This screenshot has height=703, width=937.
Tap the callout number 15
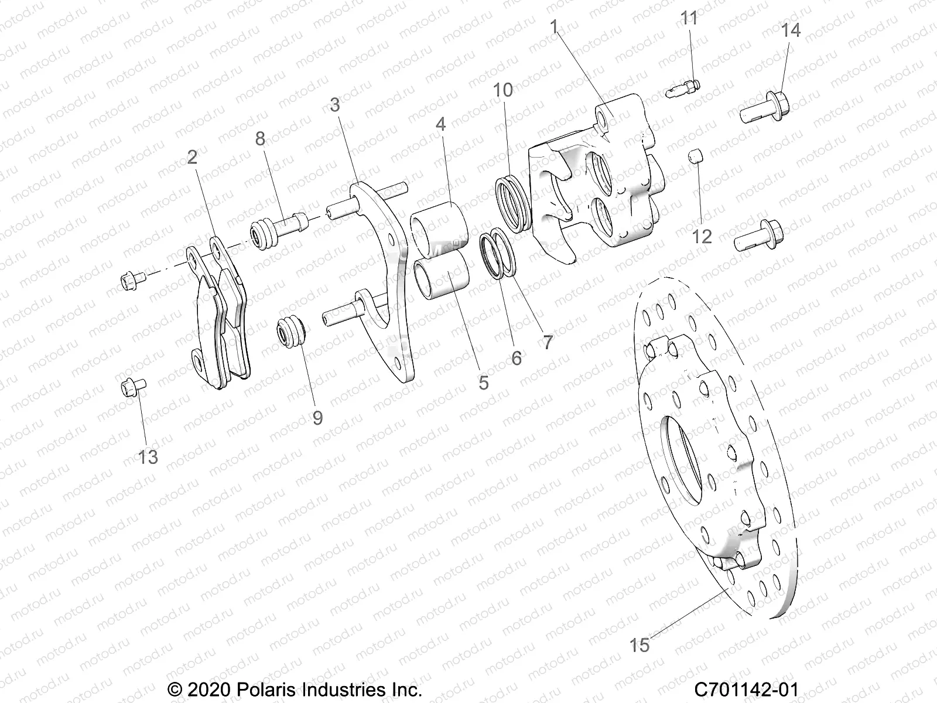point(640,645)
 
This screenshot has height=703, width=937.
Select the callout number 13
point(148,456)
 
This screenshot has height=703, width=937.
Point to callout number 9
point(317,417)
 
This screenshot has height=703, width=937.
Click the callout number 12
point(702,236)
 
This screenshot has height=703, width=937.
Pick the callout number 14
point(791,29)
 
